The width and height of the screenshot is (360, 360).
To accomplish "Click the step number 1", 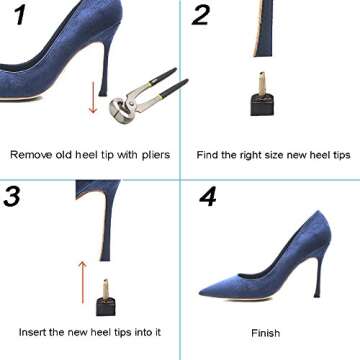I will click(16, 17).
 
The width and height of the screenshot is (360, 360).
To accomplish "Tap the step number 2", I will click(202, 16).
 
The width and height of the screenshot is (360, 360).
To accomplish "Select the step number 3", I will click(14, 196).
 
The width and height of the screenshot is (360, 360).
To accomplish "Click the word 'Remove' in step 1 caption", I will click(29, 155).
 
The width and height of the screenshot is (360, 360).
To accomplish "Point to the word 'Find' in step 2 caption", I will click(209, 155).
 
